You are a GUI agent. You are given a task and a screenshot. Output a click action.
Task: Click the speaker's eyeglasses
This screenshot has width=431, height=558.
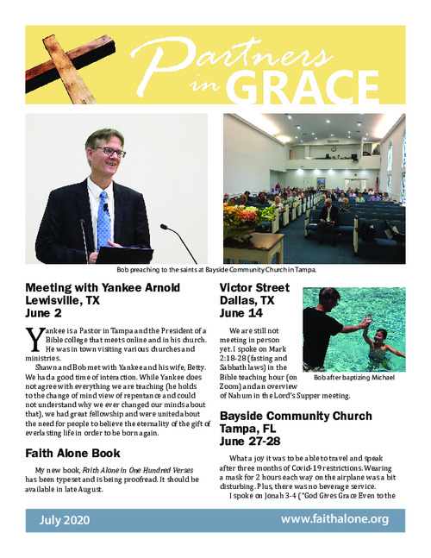pos(112,152)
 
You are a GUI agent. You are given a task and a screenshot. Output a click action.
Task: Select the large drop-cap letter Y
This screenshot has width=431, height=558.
pos(34,338)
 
